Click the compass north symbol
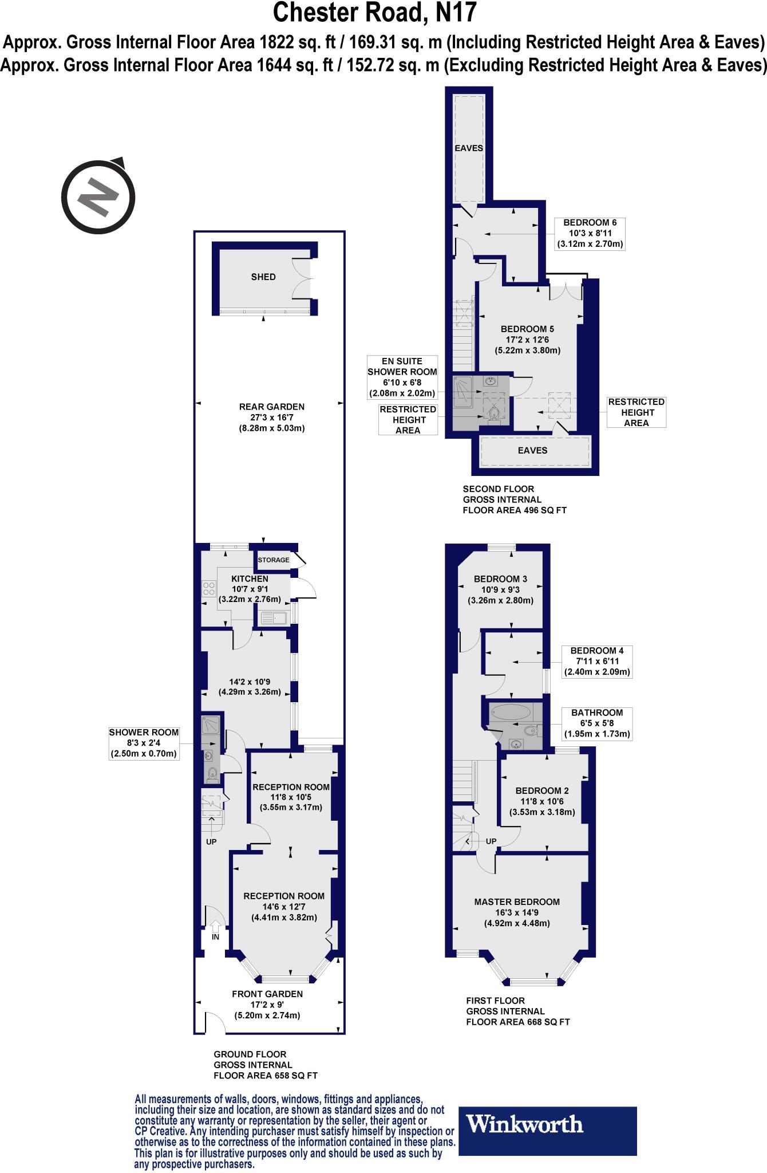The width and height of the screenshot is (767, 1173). pyautogui.click(x=98, y=196)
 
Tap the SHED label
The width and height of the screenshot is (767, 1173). pyautogui.click(x=263, y=277)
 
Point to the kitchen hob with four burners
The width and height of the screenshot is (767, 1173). pyautogui.click(x=209, y=589)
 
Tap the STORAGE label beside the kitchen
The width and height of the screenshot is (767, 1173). pyautogui.click(x=273, y=560)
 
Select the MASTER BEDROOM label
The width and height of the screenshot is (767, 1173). pyautogui.click(x=517, y=902)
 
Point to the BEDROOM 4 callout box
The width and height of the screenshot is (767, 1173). pyautogui.click(x=597, y=662)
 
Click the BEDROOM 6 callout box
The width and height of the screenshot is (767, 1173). pyautogui.click(x=590, y=233)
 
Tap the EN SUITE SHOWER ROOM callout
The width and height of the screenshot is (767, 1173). pyautogui.click(x=402, y=377)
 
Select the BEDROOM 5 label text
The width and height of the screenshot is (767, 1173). pyautogui.click(x=527, y=329)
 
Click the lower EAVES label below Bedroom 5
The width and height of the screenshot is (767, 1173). pyautogui.click(x=533, y=450)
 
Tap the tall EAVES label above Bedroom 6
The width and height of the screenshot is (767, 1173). pyautogui.click(x=469, y=148)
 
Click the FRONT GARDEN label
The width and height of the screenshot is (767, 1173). pyautogui.click(x=267, y=994)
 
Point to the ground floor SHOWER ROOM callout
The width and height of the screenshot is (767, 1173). pyautogui.click(x=144, y=743)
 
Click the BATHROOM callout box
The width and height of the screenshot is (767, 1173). pyautogui.click(x=596, y=723)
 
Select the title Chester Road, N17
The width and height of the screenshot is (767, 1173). pyautogui.click(x=375, y=13)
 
